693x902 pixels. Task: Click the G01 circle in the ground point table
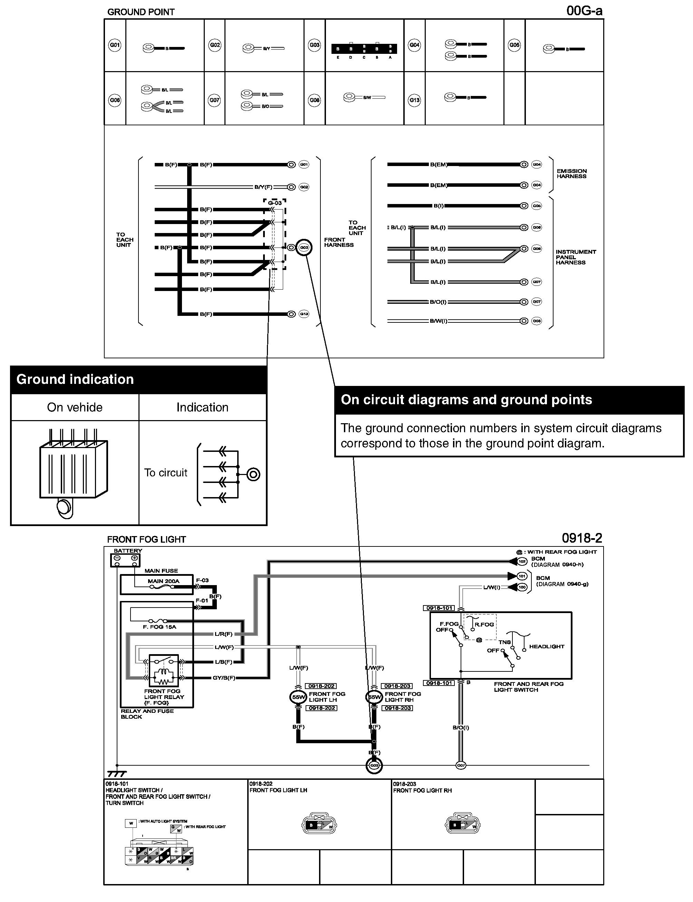click(115, 45)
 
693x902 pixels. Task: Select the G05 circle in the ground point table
click(514, 45)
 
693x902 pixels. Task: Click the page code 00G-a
click(584, 11)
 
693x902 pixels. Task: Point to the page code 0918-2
click(581, 538)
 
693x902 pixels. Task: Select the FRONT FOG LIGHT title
click(146, 540)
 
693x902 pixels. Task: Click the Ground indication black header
click(138, 379)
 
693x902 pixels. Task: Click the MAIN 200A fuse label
click(163, 581)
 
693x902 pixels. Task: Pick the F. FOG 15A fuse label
click(159, 627)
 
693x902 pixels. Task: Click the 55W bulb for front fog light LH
click(298, 697)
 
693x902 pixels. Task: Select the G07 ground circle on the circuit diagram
click(461, 766)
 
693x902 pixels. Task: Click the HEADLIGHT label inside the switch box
click(547, 646)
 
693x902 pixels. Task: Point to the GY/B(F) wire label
click(224, 678)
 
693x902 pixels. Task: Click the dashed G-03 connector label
click(275, 203)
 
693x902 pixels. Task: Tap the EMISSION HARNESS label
click(571, 174)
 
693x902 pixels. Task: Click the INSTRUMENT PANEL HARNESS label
click(576, 257)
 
